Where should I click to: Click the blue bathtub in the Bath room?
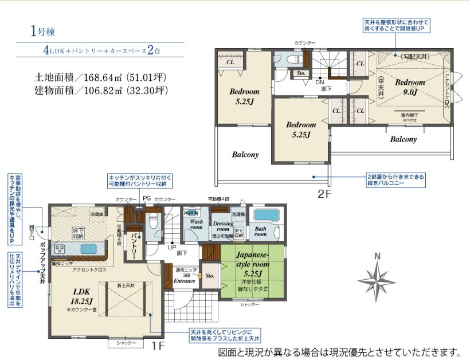tap(264, 215)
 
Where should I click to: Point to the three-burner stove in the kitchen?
tap(59, 249)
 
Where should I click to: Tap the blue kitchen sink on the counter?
tap(89, 249)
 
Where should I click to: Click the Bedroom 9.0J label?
tap(409, 86)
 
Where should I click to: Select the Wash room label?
tap(197, 224)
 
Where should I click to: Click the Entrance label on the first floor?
tap(185, 281)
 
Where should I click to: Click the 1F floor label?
tap(159, 346)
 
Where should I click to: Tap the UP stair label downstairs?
tap(171, 248)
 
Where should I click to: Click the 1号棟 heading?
tap(42, 32)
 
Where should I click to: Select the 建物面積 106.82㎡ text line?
tap(101, 91)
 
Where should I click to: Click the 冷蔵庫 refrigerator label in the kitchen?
tap(97, 214)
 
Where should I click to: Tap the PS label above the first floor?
tap(147, 198)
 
